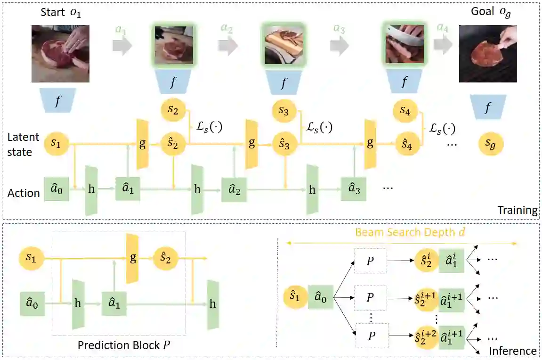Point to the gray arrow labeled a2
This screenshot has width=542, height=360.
click(x=228, y=46)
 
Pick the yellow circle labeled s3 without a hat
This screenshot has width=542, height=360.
click(x=284, y=112)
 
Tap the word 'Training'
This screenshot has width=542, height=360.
click(x=518, y=210)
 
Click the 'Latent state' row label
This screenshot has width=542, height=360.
click(x=23, y=145)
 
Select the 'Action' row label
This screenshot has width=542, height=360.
click(x=24, y=193)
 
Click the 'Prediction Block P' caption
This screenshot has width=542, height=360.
click(x=124, y=345)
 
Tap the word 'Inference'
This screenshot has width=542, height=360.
click(x=513, y=351)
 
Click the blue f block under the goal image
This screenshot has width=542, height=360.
click(x=487, y=109)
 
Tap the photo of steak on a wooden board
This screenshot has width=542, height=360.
click(x=283, y=45)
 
